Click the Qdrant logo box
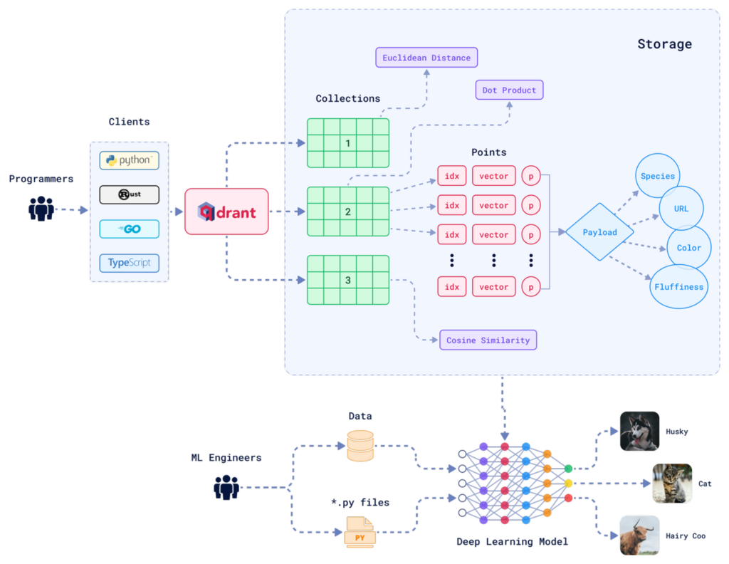pyautogui.click(x=226, y=211)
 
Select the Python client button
pyautogui.click(x=129, y=160)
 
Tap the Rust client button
pyautogui.click(x=129, y=194)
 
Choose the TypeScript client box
pyautogui.click(x=129, y=263)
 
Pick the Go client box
pyautogui.click(x=129, y=229)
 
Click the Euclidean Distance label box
pyautogui.click(x=426, y=58)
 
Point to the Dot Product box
pyautogui.click(x=509, y=90)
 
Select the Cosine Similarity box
pyautogui.click(x=488, y=340)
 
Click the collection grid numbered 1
pyautogui.click(x=348, y=143)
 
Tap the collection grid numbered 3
pyautogui.click(x=348, y=280)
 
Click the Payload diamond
pyautogui.click(x=599, y=232)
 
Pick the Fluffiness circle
pyautogui.click(x=679, y=286)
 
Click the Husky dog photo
pyautogui.click(x=639, y=431)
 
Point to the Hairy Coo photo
pyautogui.click(x=639, y=535)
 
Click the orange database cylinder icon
pyautogui.click(x=360, y=445)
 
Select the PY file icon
pyautogui.click(x=360, y=532)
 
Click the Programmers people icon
pyautogui.click(x=41, y=209)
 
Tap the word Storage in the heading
pyautogui.click(x=664, y=44)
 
